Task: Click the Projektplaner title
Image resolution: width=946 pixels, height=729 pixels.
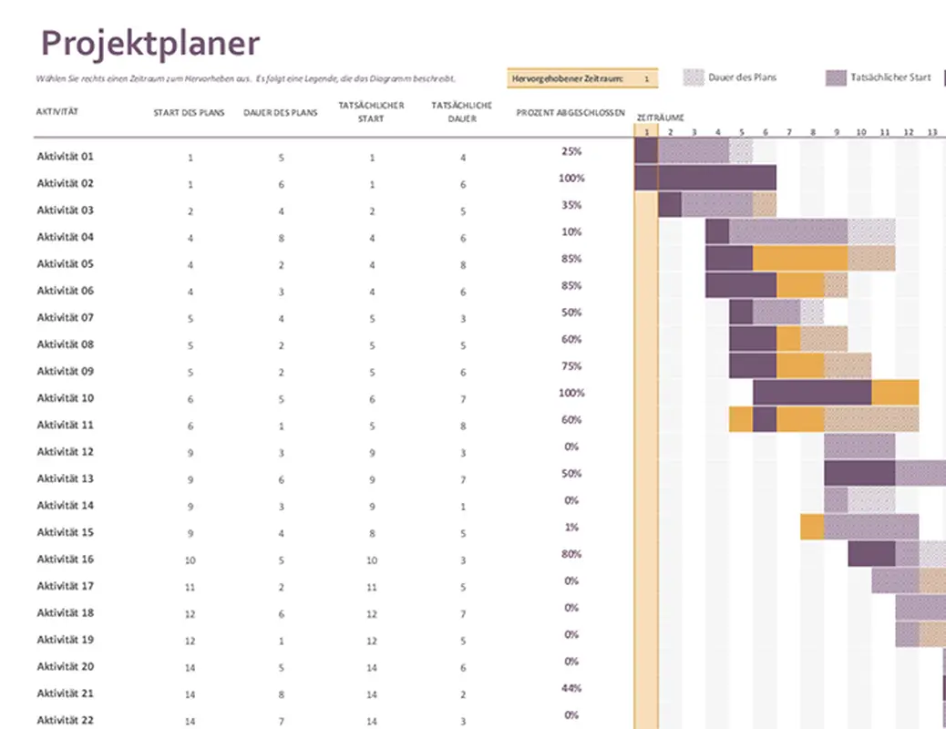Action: click(150, 43)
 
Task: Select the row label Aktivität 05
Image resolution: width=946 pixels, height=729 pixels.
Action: click(65, 263)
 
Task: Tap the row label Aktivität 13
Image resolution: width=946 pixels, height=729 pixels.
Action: click(65, 478)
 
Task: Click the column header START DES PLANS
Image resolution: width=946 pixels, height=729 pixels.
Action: click(190, 112)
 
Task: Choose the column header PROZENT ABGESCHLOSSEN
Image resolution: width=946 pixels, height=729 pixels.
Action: click(571, 112)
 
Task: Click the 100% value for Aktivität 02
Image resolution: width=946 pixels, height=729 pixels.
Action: click(571, 179)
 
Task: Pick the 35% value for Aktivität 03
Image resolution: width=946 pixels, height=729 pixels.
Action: click(571, 205)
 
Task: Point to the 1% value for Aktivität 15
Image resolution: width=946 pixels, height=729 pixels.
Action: click(571, 528)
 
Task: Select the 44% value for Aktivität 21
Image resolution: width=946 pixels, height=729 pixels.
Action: click(571, 688)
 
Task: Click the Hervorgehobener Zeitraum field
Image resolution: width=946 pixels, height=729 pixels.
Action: click(581, 79)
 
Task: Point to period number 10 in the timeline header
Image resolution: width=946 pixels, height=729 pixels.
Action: click(860, 132)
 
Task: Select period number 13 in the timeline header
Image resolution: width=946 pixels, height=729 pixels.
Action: click(931, 132)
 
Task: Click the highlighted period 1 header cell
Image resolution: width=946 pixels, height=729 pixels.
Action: click(645, 132)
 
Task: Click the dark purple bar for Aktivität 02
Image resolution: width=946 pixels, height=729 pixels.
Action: click(705, 178)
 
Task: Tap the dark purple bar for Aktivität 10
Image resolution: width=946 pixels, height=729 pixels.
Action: click(812, 393)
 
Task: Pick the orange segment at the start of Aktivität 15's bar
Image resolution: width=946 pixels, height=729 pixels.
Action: click(812, 527)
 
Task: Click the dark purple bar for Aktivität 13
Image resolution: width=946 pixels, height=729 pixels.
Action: click(859, 473)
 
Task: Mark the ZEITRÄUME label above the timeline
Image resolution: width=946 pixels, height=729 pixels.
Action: click(660, 118)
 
